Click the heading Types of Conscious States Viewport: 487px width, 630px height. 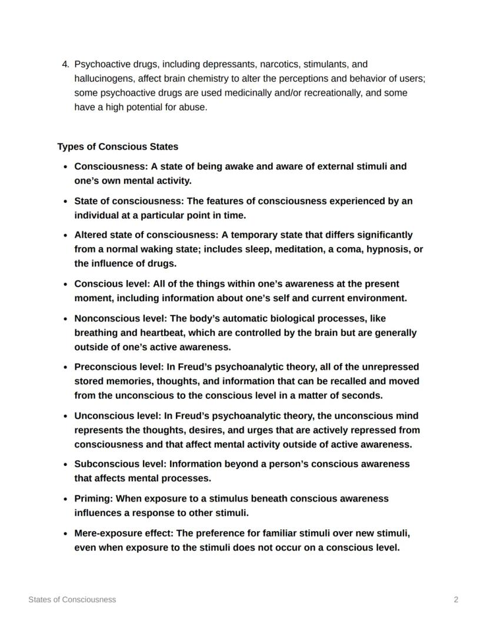click(118, 146)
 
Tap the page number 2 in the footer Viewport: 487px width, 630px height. click(456, 599)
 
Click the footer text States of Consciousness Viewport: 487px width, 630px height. click(72, 599)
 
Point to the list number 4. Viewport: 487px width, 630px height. click(65, 64)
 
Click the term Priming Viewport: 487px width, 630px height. click(93, 498)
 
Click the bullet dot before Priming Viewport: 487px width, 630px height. click(66, 499)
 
